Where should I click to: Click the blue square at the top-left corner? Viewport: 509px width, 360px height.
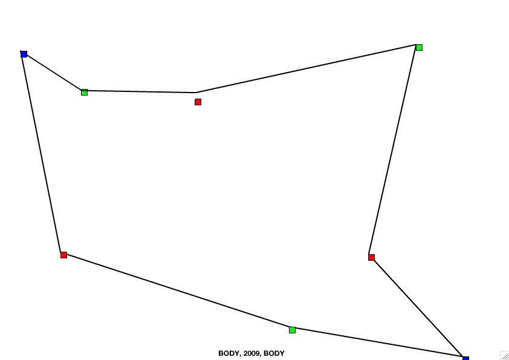coord(24,54)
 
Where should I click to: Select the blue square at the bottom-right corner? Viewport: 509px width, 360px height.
coord(466,358)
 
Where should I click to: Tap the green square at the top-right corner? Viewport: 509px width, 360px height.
coord(419,47)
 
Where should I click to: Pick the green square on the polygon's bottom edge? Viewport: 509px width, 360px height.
coord(292,330)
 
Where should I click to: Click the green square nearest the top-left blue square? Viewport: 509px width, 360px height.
coord(84,93)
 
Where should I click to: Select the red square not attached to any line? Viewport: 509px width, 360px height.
coord(198,102)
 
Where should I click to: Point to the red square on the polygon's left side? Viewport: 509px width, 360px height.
coord(63,255)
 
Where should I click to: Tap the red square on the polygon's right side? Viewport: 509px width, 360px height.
coord(371,257)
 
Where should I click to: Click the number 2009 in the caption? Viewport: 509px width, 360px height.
coord(251,353)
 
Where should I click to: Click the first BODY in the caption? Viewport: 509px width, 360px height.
coord(229,353)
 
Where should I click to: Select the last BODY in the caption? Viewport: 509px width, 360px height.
coord(274,353)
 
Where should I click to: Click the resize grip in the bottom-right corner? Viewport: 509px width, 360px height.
coord(504,355)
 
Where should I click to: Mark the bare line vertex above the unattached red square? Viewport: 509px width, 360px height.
coord(196,93)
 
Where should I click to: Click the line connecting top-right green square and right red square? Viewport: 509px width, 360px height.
coord(392,149)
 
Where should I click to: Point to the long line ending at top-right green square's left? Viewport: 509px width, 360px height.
coord(306,68)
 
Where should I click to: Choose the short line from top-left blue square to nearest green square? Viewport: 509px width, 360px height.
coord(52,71)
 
